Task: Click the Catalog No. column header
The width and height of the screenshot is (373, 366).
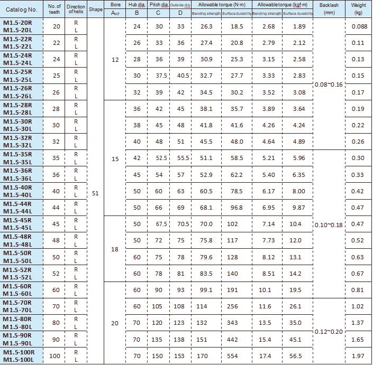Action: click(25, 10)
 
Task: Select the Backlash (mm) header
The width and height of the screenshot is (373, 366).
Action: click(329, 10)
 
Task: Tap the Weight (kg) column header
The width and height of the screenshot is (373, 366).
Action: click(358, 10)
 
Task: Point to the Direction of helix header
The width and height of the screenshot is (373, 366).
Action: click(76, 10)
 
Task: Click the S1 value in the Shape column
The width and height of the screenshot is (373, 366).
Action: click(96, 193)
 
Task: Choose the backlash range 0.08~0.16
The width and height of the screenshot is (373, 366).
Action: click(329, 85)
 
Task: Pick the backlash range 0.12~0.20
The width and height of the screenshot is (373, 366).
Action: click(329, 331)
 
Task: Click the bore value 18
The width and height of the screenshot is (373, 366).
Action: click(115, 249)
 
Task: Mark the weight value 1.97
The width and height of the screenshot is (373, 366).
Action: click(358, 356)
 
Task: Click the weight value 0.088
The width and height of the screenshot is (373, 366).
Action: click(358, 26)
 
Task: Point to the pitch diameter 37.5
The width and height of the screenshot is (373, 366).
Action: click(161, 76)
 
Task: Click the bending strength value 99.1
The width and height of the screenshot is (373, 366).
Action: click(206, 290)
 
